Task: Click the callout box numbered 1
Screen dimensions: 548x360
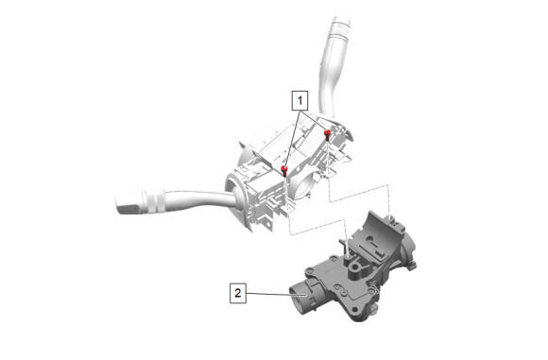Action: coord(300,101)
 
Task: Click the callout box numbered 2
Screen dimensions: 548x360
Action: coord(238,293)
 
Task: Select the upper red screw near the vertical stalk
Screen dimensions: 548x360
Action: coord(328,134)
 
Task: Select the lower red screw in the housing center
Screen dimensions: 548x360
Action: coord(284,171)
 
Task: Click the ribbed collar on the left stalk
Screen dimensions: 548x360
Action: coord(153,200)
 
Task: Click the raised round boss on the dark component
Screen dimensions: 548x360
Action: coord(354,268)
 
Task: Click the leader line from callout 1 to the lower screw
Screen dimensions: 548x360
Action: coord(292,139)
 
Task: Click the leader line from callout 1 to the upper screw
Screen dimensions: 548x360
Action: coord(315,121)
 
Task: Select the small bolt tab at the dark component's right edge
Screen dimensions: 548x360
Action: coord(412,265)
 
